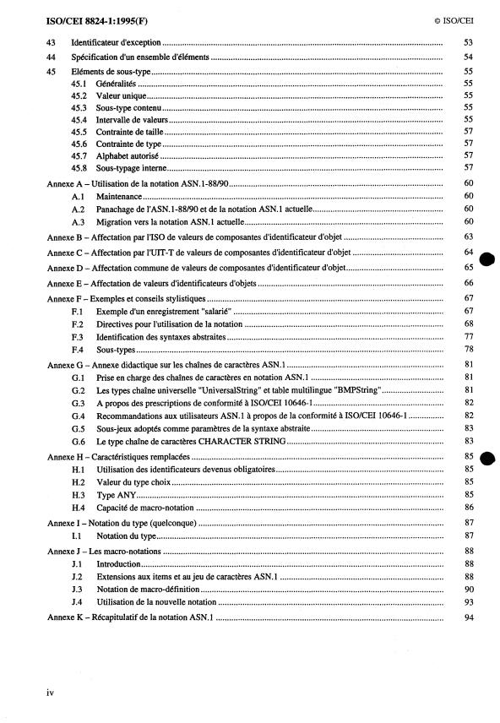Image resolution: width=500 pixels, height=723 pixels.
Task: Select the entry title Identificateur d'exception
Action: pos(116,41)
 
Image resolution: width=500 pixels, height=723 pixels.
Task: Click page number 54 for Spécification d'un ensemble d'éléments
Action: pos(469,57)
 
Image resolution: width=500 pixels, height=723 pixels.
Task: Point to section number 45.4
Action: pos(80,120)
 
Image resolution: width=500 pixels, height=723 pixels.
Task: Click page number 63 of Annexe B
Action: pos(469,237)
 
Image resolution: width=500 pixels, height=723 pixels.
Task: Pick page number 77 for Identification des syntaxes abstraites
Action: pos(469,336)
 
